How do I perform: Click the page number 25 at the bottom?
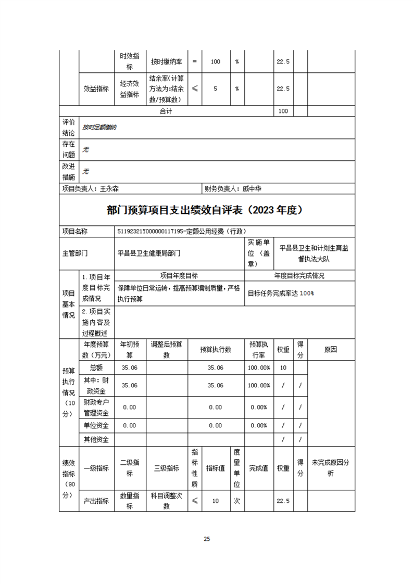tap(207, 539)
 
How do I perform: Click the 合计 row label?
tap(166, 111)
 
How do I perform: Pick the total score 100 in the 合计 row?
tap(283, 111)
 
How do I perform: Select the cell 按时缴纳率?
tap(167, 61)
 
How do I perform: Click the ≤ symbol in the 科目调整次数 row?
tap(195, 501)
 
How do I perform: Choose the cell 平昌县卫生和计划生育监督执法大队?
tap(314, 253)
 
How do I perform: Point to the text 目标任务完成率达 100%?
tap(281, 293)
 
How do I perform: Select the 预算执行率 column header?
tap(258, 350)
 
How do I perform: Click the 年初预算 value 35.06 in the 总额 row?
tap(129, 367)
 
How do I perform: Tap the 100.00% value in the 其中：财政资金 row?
tap(258, 385)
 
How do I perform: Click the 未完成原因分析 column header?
tap(330, 468)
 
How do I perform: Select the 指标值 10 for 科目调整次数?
tap(215, 501)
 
